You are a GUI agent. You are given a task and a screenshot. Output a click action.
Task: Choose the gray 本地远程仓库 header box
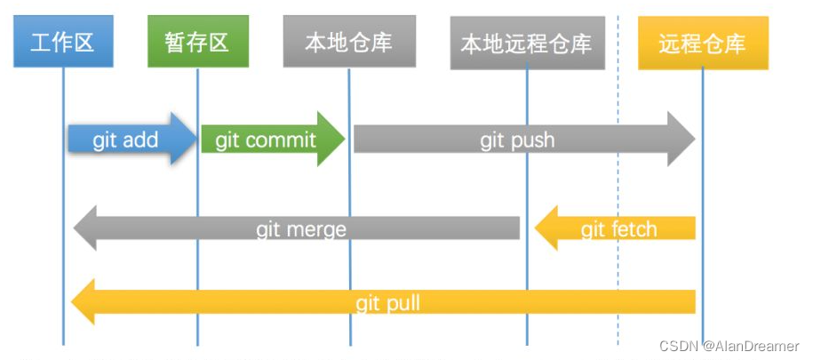tap(526, 43)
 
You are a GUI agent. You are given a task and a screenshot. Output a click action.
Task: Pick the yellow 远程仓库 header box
tap(702, 43)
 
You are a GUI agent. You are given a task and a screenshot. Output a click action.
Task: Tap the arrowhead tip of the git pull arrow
tap(75, 303)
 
